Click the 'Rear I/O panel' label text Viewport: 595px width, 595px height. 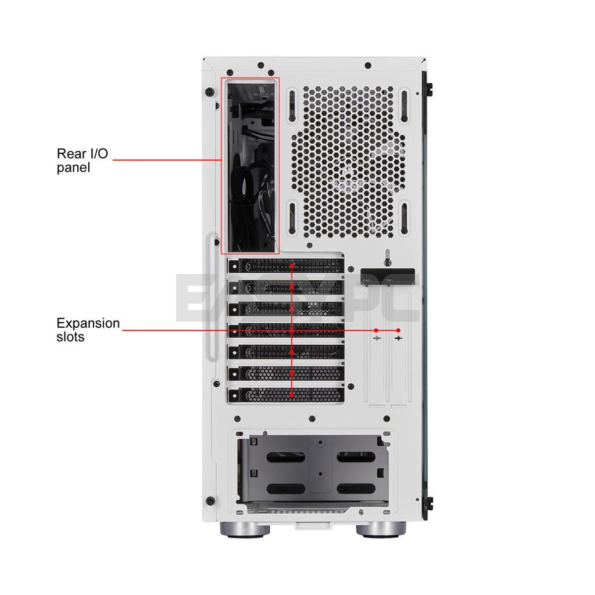pyautogui.click(x=82, y=160)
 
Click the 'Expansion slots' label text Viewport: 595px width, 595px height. pyautogui.click(x=88, y=330)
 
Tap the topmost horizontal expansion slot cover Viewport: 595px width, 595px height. pyautogui.click(x=286, y=266)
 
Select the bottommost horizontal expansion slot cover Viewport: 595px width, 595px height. pyautogui.click(x=286, y=395)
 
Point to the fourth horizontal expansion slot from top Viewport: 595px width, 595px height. pyautogui.click(x=286, y=330)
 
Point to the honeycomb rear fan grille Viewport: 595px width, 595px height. pyautogui.click(x=348, y=161)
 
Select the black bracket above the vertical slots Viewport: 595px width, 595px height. pyautogui.click(x=388, y=275)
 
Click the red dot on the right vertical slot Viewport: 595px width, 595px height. pyautogui.click(x=398, y=330)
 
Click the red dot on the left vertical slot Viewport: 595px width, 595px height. pyautogui.click(x=376, y=330)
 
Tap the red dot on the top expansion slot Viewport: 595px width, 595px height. pyautogui.click(x=292, y=266)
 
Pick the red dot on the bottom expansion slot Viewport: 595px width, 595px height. pyautogui.click(x=292, y=395)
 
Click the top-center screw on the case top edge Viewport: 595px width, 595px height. pyautogui.click(x=367, y=65)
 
